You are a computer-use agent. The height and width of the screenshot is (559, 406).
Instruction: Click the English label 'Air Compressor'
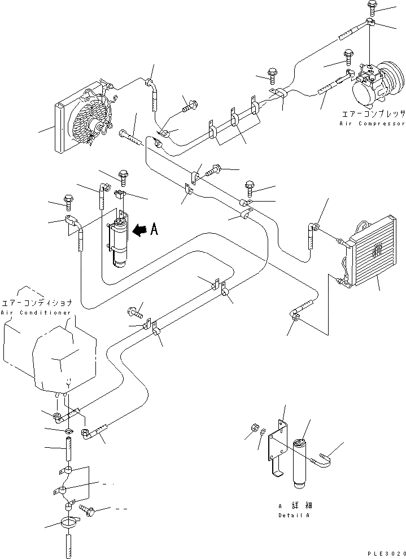tap(372, 123)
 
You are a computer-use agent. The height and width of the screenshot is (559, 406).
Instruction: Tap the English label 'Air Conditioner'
tap(36, 312)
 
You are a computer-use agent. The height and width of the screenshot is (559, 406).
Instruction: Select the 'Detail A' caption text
tap(294, 516)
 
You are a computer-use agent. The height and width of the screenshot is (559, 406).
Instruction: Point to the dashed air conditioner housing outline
tap(45, 356)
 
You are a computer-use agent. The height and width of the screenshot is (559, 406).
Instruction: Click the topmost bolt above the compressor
tap(373, 7)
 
